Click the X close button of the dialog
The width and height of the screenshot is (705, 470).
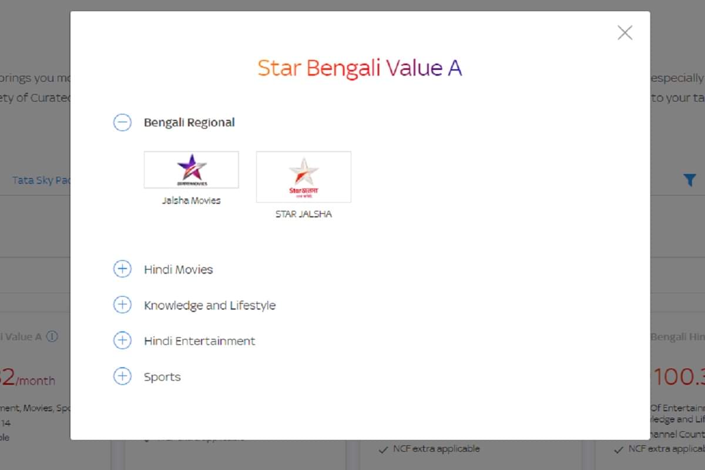click(625, 33)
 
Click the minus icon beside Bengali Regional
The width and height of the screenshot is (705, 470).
click(122, 122)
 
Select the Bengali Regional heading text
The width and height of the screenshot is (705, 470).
click(189, 122)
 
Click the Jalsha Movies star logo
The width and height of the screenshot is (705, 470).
click(192, 169)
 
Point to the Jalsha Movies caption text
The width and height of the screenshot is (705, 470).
click(192, 200)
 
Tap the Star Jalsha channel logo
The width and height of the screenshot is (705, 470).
click(303, 176)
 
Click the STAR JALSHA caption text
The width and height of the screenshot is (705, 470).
click(303, 214)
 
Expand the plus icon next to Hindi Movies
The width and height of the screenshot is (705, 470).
click(122, 269)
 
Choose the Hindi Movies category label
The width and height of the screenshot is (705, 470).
click(179, 270)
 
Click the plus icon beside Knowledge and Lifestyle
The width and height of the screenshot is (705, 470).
click(122, 305)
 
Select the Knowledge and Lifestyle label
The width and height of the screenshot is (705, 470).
click(210, 305)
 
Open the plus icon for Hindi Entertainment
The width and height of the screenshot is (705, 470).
click(122, 341)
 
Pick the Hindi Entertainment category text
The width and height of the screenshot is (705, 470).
click(200, 341)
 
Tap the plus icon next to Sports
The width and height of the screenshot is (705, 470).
click(122, 377)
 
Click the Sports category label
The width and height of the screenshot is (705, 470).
click(162, 377)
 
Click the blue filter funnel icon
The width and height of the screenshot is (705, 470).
click(690, 180)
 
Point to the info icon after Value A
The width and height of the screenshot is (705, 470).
click(52, 337)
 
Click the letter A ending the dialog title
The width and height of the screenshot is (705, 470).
click(455, 68)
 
